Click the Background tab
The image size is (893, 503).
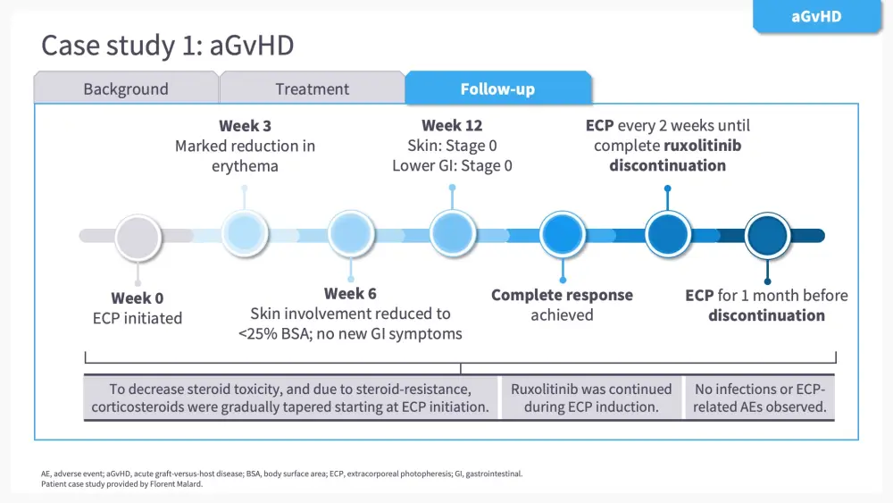point(126,88)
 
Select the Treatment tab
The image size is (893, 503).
point(312,88)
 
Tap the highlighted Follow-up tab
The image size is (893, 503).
point(497,88)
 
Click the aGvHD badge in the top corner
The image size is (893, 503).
point(816,16)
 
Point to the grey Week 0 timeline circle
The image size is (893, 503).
point(138,237)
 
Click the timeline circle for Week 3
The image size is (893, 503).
point(244,234)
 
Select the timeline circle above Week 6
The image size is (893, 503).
point(350,234)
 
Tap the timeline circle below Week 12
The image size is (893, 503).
point(453,234)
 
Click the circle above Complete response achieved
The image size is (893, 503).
point(563,236)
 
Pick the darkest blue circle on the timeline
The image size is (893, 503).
point(767,236)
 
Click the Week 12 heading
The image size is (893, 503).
point(453,126)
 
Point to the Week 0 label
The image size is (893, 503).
point(138,298)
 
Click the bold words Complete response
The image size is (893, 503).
point(562,296)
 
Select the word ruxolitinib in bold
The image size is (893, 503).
point(703,146)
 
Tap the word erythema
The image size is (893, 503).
point(245,166)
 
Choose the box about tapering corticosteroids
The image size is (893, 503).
point(290,398)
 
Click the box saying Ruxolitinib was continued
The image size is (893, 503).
point(591,398)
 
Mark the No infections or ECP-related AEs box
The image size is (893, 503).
point(760,398)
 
